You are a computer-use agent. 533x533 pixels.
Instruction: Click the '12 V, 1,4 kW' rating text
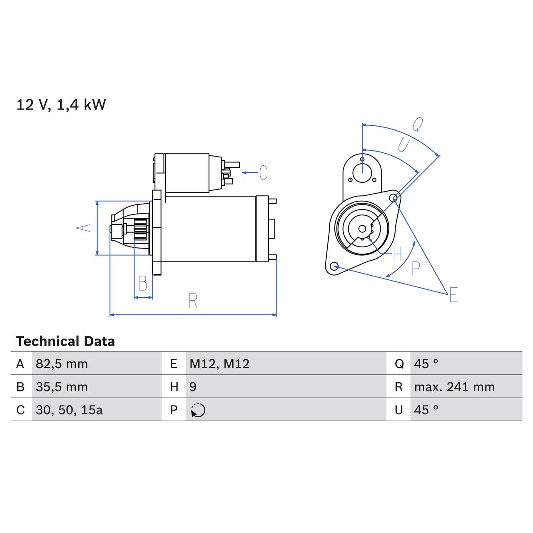pos(61,105)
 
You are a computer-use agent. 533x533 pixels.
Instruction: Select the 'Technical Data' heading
pos(65,341)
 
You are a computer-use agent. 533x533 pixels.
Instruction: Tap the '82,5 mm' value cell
pos(62,364)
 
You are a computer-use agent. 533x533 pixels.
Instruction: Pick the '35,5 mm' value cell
pos(62,387)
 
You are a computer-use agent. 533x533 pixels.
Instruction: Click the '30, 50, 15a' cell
pos(69,410)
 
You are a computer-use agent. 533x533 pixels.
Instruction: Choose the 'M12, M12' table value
pos(219,364)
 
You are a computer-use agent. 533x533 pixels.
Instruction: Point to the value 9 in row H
pos(193,387)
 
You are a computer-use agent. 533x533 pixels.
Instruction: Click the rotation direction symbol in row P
pos(198,410)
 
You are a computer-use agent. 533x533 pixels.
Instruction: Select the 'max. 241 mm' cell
pos(454,387)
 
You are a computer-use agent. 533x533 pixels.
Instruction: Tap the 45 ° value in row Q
pos(426,364)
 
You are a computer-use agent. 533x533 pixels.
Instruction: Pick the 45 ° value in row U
pos(426,410)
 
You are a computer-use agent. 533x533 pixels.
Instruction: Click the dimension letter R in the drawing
pos(193,301)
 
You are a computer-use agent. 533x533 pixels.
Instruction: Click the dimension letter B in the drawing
pos(143,284)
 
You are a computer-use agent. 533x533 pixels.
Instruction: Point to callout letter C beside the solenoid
pos(263,173)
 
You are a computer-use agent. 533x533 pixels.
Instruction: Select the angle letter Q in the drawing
pos(418,124)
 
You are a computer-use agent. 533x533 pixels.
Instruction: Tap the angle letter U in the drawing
pos(403,145)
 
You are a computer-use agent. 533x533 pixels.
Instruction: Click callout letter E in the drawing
pos(453,295)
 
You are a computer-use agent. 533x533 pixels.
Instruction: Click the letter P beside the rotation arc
pos(416,269)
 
